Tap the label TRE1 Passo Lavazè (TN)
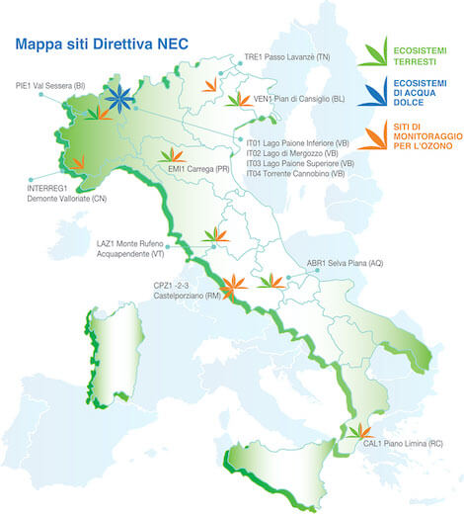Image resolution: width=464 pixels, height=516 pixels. (287, 58)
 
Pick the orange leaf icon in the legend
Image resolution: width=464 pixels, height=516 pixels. (372, 134)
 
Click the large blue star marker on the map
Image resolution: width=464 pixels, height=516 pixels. (119, 100)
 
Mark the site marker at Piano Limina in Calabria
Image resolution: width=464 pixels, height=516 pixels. (356, 431)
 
